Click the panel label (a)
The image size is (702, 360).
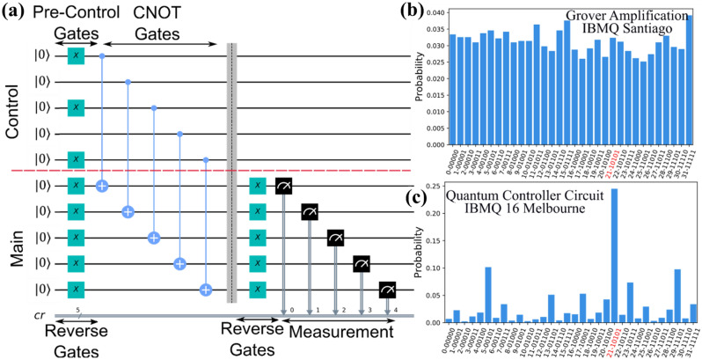(13, 14)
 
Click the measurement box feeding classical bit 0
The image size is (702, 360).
(284, 186)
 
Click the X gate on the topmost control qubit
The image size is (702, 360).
(77, 56)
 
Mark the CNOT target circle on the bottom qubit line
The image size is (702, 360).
(206, 290)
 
